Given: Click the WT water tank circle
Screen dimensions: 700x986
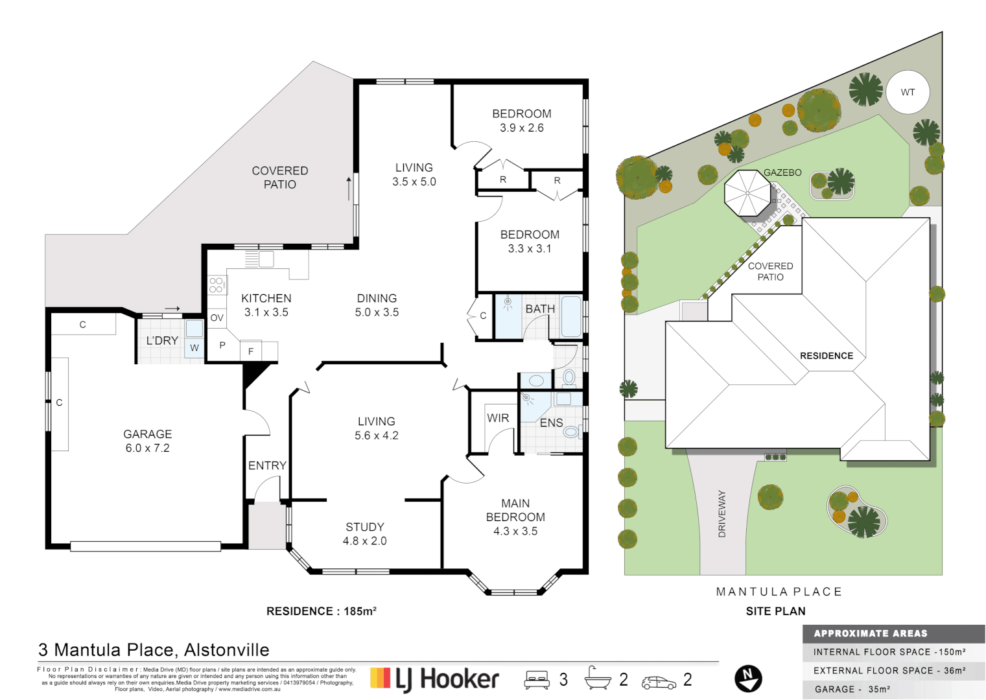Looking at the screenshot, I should point(908,92).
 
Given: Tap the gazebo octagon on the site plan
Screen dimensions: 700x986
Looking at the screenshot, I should point(747,193).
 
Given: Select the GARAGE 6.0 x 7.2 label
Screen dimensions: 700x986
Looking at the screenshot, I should point(148,441).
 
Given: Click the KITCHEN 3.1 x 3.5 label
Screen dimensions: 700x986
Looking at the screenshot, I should point(266,305).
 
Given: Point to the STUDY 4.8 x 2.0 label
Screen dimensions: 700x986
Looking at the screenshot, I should point(364,534).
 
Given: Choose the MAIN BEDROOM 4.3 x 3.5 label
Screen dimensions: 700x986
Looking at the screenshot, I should point(515,517).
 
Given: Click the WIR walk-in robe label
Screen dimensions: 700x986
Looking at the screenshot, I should point(498,418).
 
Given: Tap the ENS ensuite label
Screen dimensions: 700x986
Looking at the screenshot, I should point(551,423).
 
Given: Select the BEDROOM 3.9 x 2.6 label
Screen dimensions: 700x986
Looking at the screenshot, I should point(521,121).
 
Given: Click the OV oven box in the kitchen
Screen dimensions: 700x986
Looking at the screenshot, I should point(217,318).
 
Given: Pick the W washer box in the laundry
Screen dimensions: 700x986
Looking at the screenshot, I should point(194,348).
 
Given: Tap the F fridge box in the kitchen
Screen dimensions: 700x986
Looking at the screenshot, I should point(251,351).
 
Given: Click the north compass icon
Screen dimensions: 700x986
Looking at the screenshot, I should point(748,679).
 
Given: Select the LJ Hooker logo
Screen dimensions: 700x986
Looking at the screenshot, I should point(434,679).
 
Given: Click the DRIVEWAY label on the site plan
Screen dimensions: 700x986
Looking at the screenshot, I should point(722,513).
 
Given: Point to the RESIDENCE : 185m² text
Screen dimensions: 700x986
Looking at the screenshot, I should point(321,611).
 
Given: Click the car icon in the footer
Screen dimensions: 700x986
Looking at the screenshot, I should point(659,682).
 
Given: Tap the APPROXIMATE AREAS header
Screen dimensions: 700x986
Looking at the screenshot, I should point(871,633).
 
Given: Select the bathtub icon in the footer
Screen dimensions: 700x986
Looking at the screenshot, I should point(597,679).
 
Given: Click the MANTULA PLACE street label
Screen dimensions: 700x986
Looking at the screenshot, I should point(779,592).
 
